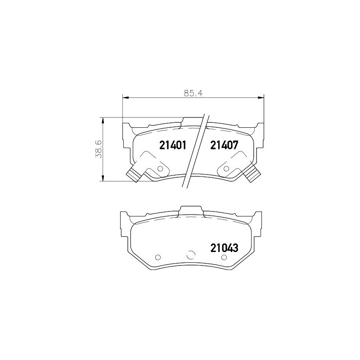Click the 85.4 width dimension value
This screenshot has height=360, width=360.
193,93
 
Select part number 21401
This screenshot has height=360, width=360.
172,145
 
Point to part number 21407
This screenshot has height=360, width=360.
225,145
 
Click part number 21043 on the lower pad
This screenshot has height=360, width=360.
225,248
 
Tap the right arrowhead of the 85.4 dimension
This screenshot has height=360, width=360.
261,98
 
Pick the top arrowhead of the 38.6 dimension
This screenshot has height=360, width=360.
103,121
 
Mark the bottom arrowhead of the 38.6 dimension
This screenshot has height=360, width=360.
103,178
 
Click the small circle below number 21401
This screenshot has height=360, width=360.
160,169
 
